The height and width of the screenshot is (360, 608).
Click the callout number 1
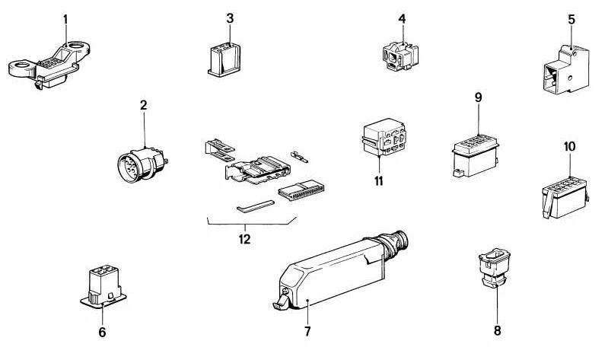(65, 17)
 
